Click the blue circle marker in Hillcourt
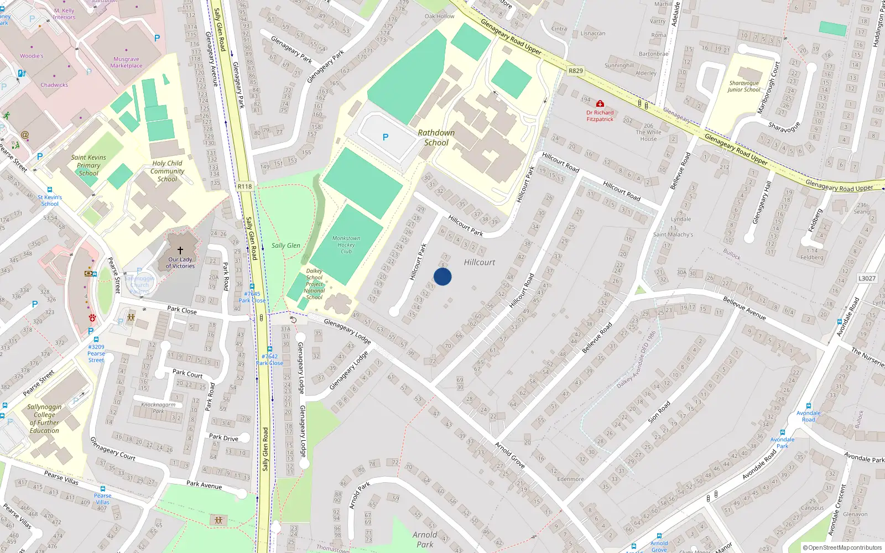442,276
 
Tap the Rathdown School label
436,138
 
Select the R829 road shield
576,71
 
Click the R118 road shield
244,186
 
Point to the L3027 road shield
867,278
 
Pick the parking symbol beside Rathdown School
386,137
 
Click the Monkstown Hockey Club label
346,245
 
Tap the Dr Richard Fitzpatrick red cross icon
600,104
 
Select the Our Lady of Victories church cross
180,251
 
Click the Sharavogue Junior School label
743,86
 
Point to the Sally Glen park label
286,246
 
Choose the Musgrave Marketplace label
126,62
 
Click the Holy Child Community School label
167,171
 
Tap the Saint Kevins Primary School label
88,165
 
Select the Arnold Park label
425,539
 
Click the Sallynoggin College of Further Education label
44,419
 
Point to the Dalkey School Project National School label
314,284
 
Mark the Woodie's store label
32,56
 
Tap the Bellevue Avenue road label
745,308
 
